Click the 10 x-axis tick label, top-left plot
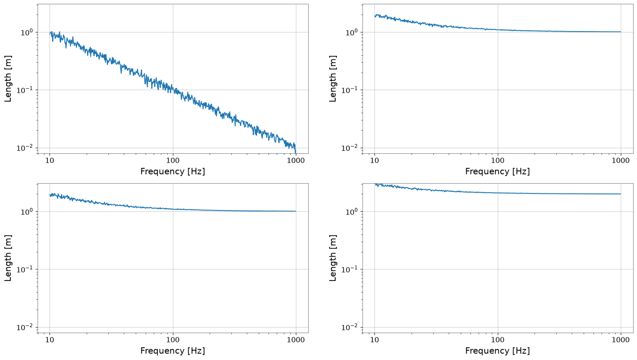point(50,161)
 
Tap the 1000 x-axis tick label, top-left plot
point(296,161)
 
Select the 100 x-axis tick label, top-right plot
point(498,161)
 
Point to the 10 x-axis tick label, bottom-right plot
point(374,340)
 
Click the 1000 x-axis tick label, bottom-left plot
point(296,340)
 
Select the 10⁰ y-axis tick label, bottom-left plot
point(28,211)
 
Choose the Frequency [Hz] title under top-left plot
point(172,172)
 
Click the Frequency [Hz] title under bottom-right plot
point(498,351)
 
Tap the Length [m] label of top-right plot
point(333,79)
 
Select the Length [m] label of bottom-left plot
point(8,258)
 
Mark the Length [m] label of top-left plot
point(8,79)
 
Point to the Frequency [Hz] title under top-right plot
point(498,172)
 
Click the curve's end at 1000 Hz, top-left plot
point(296,153)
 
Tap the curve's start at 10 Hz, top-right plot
point(374,16)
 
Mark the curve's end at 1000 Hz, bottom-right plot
point(621,194)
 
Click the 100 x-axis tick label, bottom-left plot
point(173,340)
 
